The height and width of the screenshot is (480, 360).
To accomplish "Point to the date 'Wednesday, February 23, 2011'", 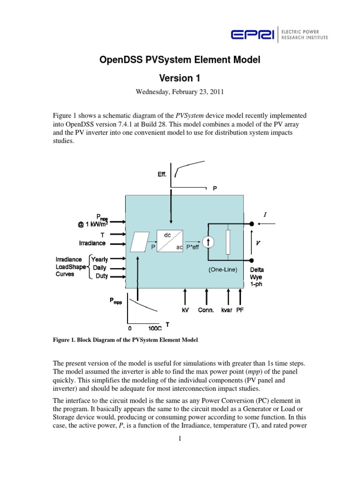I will tap(180, 92).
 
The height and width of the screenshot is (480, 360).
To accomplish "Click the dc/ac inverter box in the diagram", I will tap(170, 240).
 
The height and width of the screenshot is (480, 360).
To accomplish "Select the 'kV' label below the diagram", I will tap(186, 310).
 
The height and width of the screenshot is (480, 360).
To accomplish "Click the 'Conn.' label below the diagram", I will tap(206, 310).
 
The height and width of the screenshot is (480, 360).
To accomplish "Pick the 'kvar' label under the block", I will tap(227, 310).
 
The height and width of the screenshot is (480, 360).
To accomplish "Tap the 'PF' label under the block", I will tap(240, 310).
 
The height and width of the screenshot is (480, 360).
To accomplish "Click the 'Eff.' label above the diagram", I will tap(162, 175).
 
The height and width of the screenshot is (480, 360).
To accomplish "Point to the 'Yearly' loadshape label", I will tap(99, 259).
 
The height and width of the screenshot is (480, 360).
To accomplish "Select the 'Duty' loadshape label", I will tap(101, 276).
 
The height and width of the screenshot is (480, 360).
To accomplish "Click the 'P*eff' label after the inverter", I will tap(193, 247).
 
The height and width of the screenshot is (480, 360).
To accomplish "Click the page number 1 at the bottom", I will tap(180, 438).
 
